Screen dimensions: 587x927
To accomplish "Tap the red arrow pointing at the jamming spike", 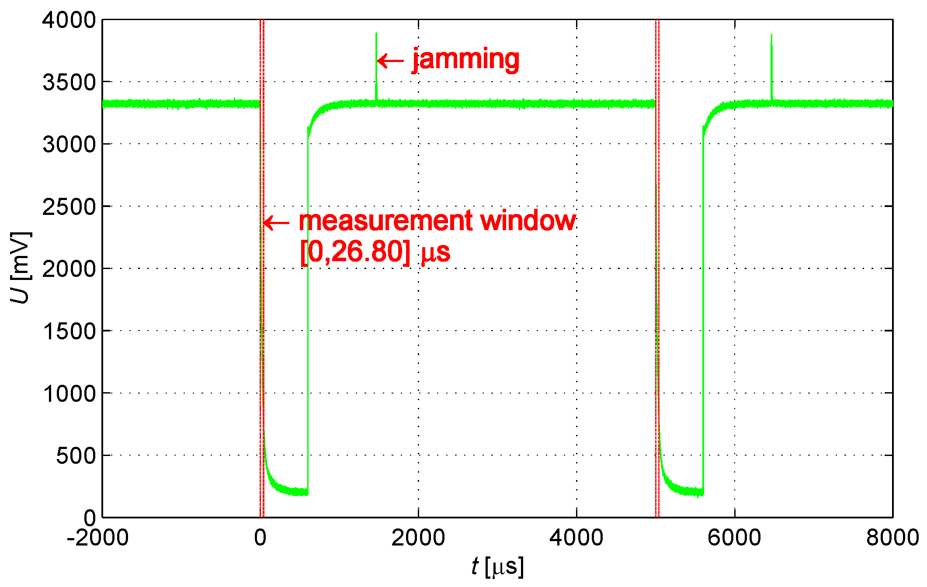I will click(390, 61).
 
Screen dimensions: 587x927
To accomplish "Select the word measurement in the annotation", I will click(385, 221).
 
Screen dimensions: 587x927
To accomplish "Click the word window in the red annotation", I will click(528, 221).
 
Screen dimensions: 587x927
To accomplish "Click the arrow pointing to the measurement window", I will click(276, 223).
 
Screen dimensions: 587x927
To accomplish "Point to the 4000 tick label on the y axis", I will click(69, 20).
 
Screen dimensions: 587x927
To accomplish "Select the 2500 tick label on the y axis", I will click(69, 207).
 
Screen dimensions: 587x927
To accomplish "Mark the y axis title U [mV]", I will click(20, 268).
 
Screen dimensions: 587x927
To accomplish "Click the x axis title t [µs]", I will click(497, 567).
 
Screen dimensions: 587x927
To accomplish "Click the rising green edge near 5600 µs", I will click(703, 306).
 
